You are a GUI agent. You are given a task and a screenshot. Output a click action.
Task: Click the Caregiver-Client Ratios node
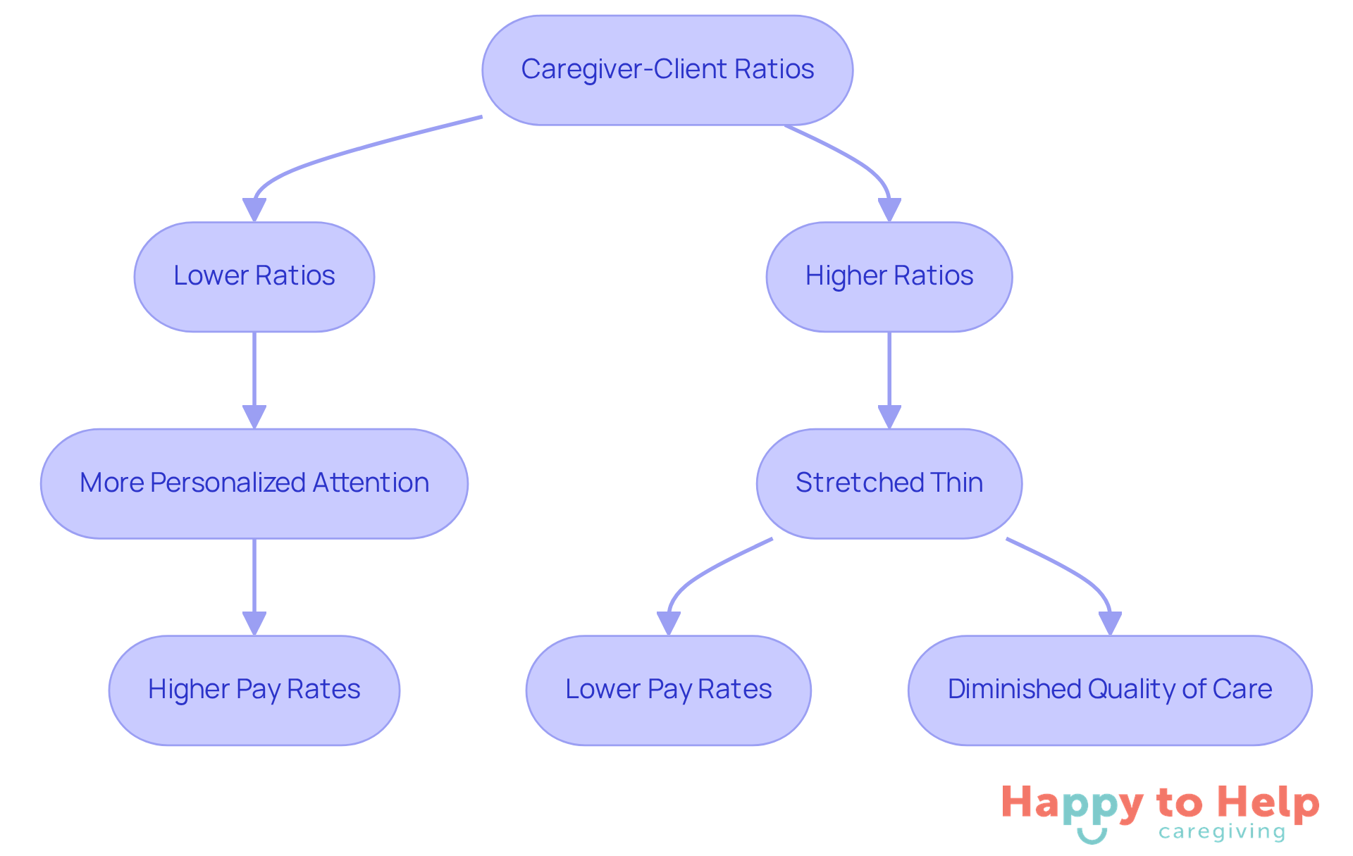click(x=667, y=70)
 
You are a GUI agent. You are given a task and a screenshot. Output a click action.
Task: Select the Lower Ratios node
click(x=254, y=276)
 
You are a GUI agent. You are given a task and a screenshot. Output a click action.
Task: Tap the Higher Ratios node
click(x=889, y=276)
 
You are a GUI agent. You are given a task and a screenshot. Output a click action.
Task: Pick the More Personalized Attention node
click(x=254, y=483)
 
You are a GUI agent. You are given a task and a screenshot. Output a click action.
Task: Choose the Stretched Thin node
click(x=889, y=483)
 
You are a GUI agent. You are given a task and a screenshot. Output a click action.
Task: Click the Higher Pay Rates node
click(x=254, y=690)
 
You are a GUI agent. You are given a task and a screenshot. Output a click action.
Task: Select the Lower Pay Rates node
click(x=668, y=690)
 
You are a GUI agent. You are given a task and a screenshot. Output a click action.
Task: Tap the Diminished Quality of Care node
click(x=1109, y=690)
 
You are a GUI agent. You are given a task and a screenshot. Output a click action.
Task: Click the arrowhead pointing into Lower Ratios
click(x=254, y=210)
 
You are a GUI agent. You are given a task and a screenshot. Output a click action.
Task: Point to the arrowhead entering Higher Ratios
click(x=889, y=210)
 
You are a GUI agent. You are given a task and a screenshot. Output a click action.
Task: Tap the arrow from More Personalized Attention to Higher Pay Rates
click(x=254, y=581)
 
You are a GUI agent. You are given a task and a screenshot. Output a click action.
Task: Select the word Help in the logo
click(x=1268, y=803)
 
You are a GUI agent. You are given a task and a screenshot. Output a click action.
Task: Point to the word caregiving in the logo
click(x=1222, y=832)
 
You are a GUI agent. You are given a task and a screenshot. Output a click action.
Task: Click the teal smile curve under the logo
click(x=1092, y=838)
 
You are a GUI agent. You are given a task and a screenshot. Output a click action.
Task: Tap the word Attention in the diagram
click(x=371, y=483)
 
